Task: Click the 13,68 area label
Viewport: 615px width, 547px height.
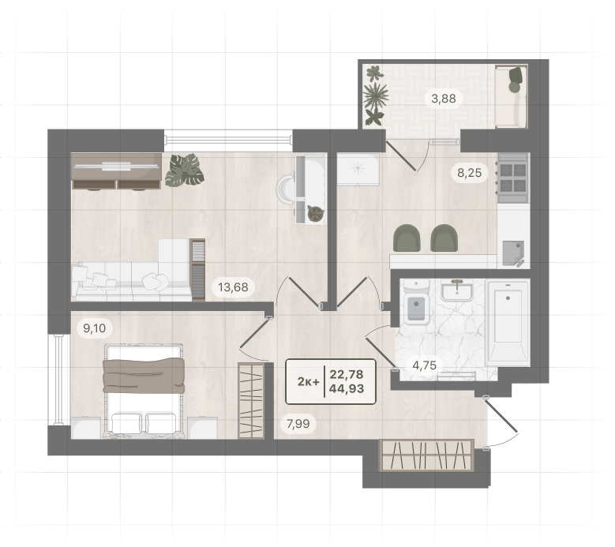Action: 233,287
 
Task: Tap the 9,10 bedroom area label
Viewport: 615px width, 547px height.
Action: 95,328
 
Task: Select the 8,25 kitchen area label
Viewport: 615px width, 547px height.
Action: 470,173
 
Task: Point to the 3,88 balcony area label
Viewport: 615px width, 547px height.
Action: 444,99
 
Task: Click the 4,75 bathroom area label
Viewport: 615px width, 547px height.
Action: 425,365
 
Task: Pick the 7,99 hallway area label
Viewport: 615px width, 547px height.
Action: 298,424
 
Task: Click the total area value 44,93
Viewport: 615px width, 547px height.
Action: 347,388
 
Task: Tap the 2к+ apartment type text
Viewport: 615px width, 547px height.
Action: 308,381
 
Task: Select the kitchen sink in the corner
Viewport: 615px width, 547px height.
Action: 513,253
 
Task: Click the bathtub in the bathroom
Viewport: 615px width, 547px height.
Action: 508,322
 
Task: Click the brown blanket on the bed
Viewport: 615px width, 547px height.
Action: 144,375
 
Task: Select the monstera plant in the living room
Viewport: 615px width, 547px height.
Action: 185,170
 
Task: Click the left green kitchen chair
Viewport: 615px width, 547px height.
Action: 407,238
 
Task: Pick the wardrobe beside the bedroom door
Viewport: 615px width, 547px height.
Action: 250,401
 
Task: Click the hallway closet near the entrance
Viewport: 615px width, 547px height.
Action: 426,455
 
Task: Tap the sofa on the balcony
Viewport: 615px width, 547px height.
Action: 511,96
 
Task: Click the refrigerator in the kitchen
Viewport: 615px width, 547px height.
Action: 358,169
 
